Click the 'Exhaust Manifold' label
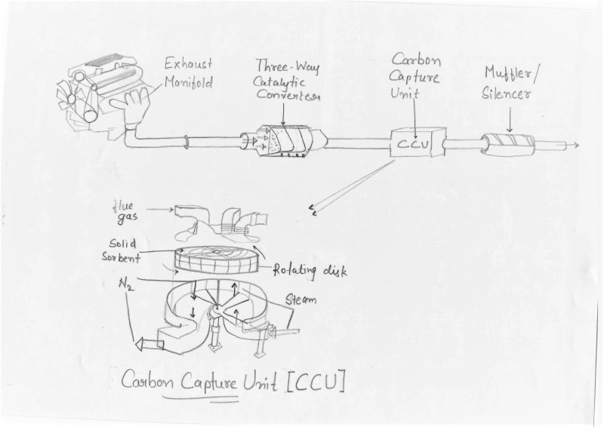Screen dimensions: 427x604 (x=188, y=73)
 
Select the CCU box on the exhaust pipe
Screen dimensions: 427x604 (x=412, y=143)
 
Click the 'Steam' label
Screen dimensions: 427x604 (x=300, y=300)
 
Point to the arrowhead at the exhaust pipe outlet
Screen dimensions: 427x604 (x=576, y=144)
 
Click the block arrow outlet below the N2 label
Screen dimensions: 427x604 (x=149, y=345)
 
